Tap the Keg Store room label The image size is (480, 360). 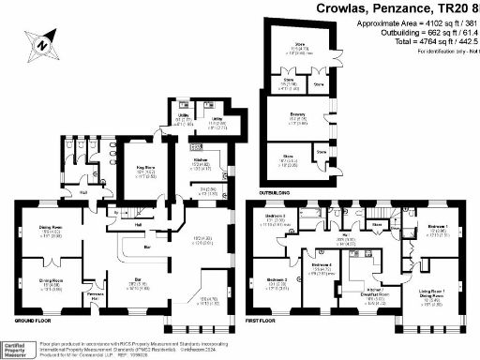click(x=143, y=172)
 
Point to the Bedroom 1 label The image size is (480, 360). click(x=437, y=228)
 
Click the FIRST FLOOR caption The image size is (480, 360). click(x=265, y=322)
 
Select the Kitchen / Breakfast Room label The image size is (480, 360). click(x=368, y=295)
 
